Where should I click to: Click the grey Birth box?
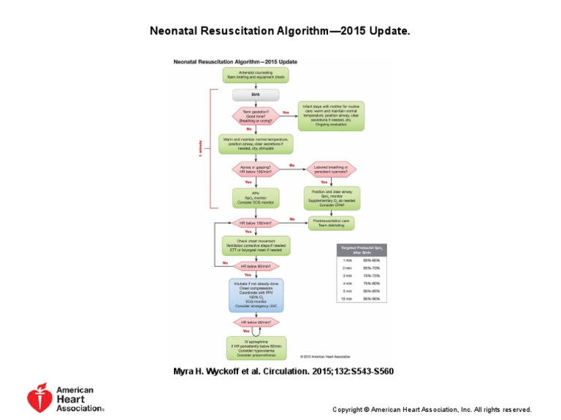256,95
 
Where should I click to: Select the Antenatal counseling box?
256,75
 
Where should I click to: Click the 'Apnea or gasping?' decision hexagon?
256,169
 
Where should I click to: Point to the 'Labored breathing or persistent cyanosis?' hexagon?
331,169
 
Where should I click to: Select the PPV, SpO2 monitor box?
256,197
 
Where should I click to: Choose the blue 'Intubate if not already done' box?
256,294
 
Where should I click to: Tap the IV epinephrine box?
256,348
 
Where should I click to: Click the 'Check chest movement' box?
256,245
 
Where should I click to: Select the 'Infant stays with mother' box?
331,115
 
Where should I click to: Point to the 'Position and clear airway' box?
331,198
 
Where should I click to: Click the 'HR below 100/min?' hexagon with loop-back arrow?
256,222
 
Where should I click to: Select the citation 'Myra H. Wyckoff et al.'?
283,372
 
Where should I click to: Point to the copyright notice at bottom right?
432,410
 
